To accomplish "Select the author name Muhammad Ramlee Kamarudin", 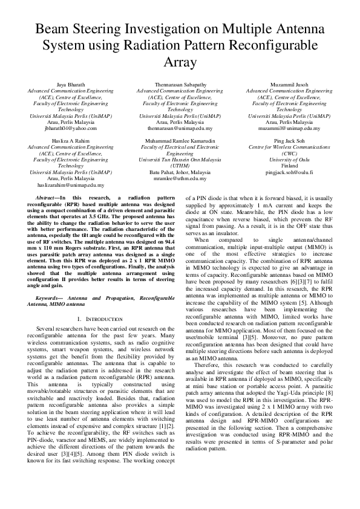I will point(180,140).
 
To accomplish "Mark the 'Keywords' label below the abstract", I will point(50,299).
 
